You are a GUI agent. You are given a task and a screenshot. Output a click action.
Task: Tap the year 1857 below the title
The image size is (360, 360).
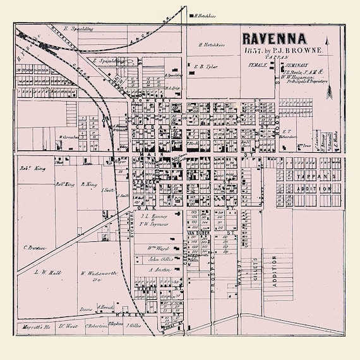coord(255,49)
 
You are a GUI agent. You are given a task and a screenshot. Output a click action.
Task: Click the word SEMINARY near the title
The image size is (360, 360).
coord(295,64)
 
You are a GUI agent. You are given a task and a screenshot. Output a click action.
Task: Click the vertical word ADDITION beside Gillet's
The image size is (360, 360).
coord(273,272)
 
